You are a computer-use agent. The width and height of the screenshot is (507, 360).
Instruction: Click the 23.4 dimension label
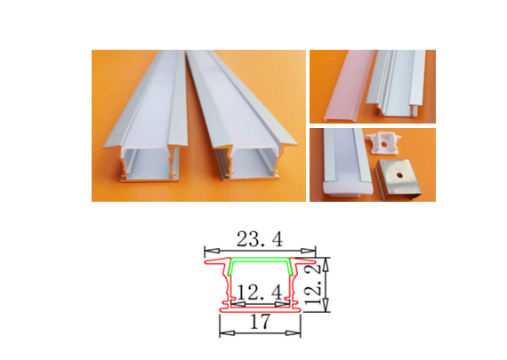pyautogui.click(x=260, y=239)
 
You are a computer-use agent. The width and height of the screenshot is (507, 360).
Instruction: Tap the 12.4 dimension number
pyautogui.click(x=260, y=292)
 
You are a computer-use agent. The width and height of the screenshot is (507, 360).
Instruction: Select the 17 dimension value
pyautogui.click(x=260, y=322)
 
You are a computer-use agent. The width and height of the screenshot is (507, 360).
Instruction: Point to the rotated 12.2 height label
pyautogui.click(x=314, y=285)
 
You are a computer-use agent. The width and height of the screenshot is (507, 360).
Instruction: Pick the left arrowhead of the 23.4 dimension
pyautogui.click(x=212, y=251)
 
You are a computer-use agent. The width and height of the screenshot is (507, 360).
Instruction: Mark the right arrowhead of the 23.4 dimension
pyautogui.click(x=308, y=251)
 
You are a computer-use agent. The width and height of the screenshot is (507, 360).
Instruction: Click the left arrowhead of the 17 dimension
pyautogui.click(x=227, y=332)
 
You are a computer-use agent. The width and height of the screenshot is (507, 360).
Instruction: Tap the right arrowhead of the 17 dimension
pyautogui.click(x=294, y=332)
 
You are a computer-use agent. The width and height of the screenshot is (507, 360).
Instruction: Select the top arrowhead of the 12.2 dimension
pyautogui.click(x=326, y=264)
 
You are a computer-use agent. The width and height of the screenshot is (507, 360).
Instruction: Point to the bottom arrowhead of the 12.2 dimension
pyautogui.click(x=326, y=305)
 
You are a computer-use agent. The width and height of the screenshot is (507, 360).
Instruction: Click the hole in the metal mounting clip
pyautogui.click(x=399, y=176)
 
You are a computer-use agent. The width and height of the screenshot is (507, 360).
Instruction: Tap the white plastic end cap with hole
pyautogui.click(x=382, y=143)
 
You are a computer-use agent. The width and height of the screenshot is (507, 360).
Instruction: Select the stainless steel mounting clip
pyautogui.click(x=399, y=179)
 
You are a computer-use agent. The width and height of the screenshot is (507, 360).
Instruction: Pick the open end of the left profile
pyautogui.click(x=150, y=164)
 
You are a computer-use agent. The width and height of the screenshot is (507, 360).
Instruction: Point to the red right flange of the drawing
pyautogui.click(x=304, y=260)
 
